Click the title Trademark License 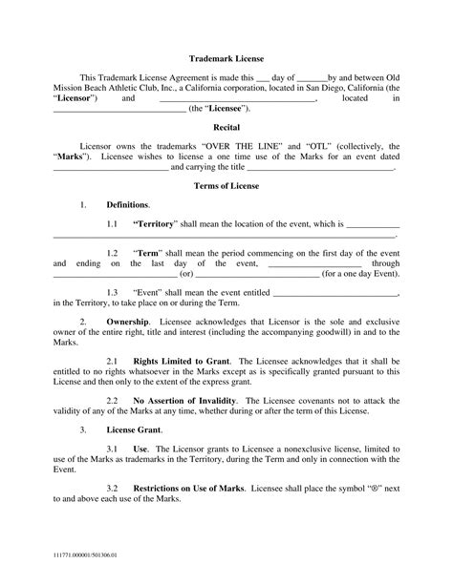point(226,59)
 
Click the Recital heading point(226,126)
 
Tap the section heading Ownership point(127,322)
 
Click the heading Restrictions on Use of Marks point(187,490)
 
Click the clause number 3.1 point(112,449)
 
